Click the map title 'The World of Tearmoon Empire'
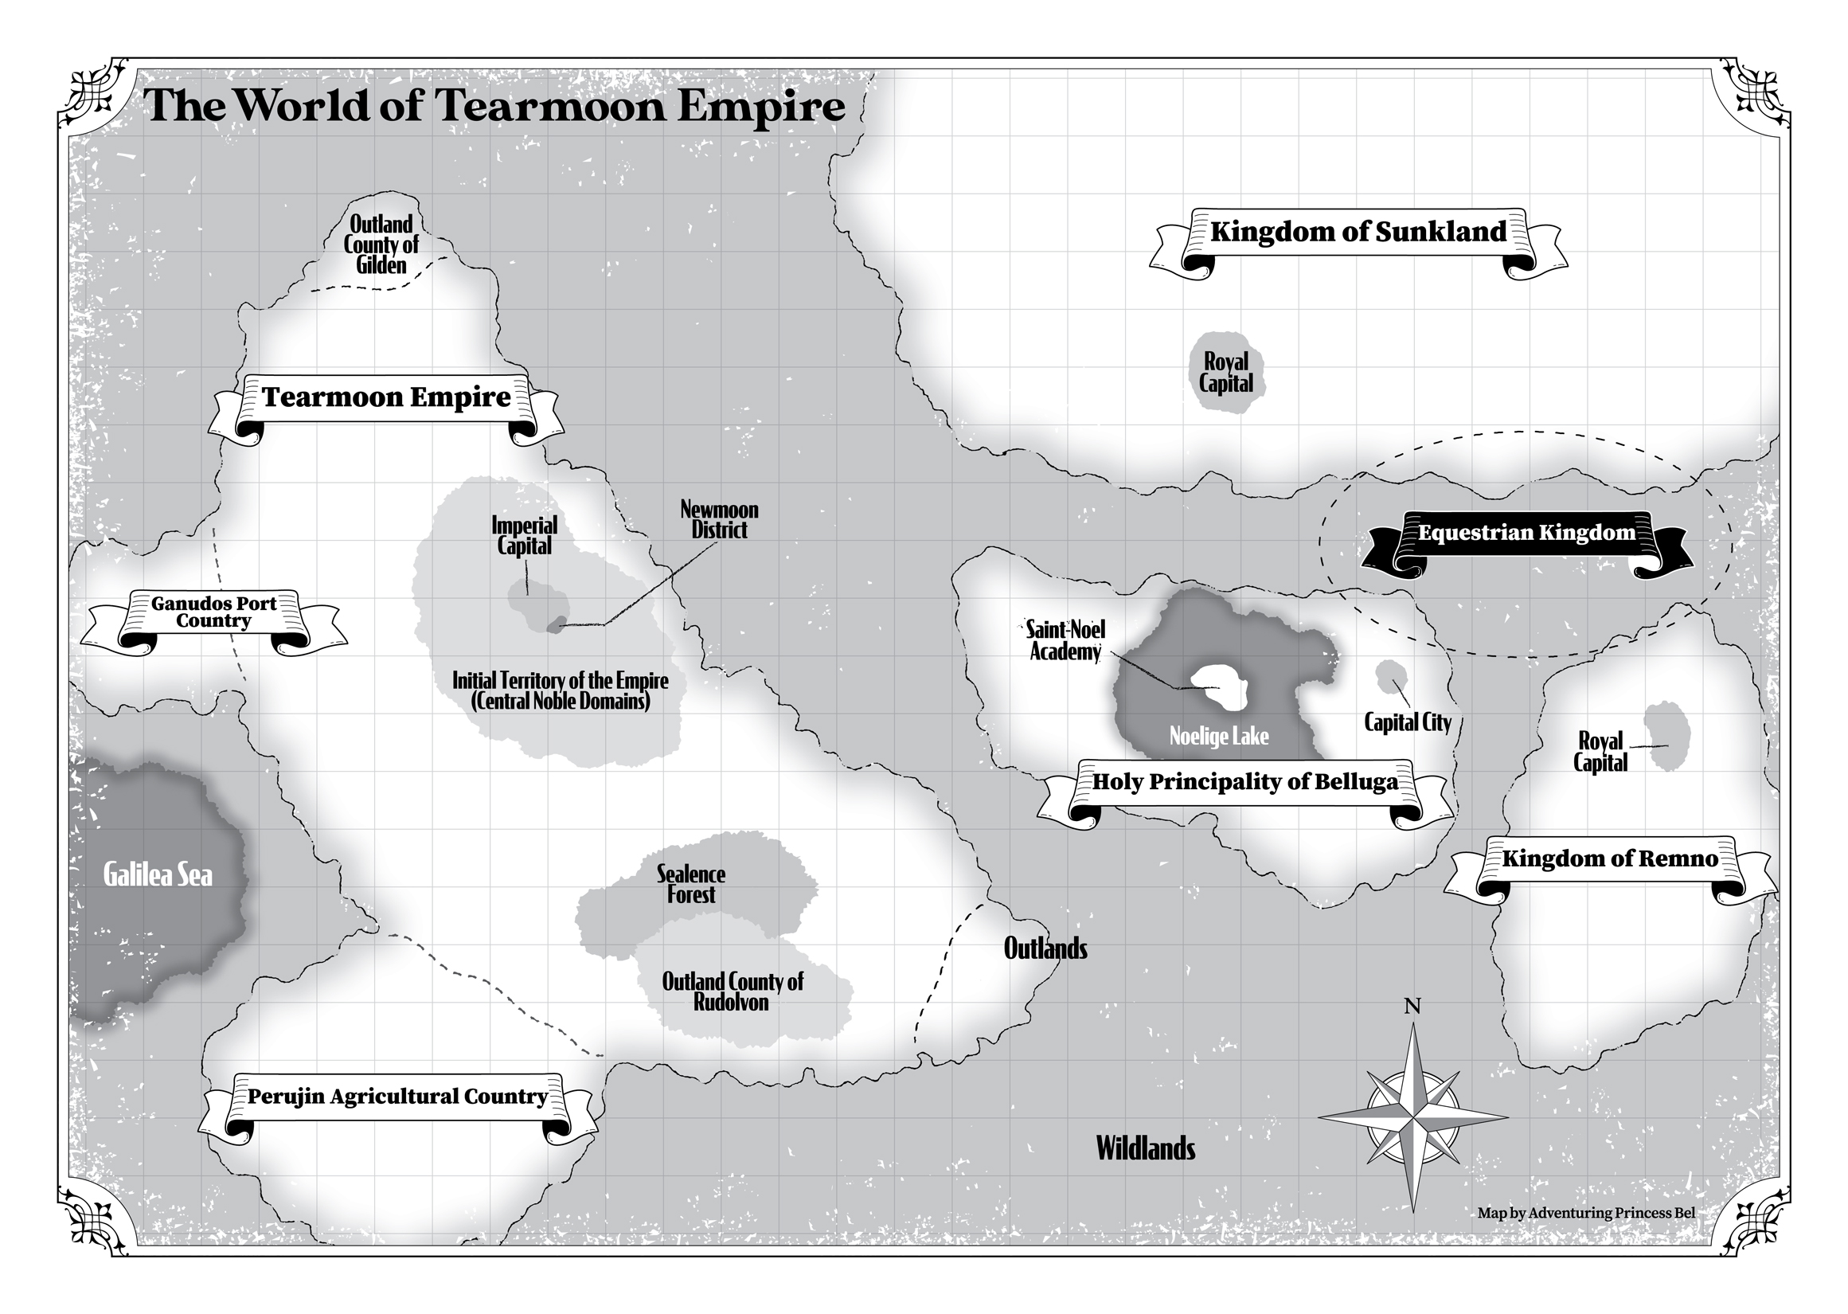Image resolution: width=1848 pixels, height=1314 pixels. coord(494,106)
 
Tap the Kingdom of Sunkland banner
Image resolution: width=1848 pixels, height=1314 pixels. coord(1358,233)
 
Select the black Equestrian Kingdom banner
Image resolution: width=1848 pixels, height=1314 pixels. coord(1526,534)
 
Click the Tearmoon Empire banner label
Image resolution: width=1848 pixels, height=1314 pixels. coord(386,398)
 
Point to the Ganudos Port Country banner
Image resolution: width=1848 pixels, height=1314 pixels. coord(213,612)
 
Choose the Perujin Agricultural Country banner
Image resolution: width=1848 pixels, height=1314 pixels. coord(397,1097)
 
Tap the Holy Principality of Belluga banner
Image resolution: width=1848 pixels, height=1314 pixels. coord(1244,782)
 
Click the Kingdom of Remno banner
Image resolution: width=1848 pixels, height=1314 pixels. coord(1609,859)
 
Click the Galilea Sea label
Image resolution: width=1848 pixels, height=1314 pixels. coord(158,875)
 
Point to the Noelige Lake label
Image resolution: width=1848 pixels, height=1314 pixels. coord(1219,737)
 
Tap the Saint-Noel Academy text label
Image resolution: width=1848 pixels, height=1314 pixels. coord(1065,641)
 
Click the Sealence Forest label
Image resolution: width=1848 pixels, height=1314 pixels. coord(690,884)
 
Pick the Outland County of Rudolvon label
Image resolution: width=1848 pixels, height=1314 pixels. coord(732,992)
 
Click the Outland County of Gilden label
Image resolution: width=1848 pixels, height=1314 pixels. coord(381,244)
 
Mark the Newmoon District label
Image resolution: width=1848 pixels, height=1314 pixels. coord(719,520)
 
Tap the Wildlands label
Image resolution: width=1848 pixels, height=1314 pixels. coord(1145,1149)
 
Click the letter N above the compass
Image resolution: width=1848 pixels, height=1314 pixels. coord(1412,1007)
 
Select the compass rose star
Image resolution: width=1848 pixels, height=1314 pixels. coord(1413,1118)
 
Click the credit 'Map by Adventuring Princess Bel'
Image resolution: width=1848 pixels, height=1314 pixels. coord(1586,1213)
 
